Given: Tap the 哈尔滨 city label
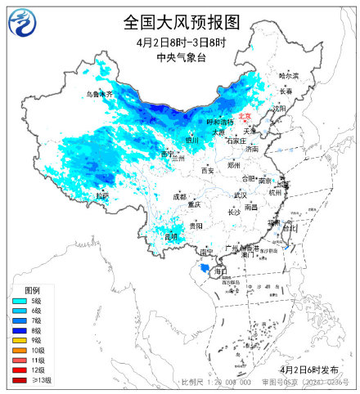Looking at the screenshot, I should [289, 75].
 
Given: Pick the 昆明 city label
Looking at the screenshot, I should [170, 236].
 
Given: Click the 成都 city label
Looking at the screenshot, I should [179, 196].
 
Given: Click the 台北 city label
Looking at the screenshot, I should [290, 228].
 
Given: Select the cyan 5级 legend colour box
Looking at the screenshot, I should [17, 302].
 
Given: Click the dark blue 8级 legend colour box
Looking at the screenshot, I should [17, 331].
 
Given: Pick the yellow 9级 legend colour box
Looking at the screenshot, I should [17, 341].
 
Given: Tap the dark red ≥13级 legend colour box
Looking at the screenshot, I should [17, 380].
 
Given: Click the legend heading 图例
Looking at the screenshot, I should [33, 290].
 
